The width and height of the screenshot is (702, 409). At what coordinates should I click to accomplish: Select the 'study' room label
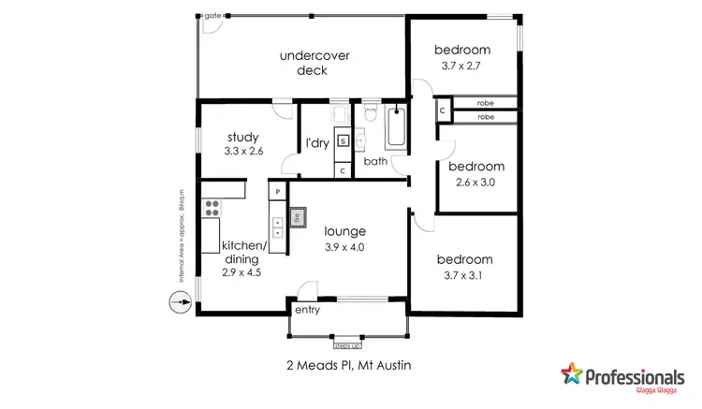(242, 138)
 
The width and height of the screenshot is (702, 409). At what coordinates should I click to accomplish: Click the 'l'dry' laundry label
(317, 143)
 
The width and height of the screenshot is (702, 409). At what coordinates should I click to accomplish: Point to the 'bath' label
(375, 161)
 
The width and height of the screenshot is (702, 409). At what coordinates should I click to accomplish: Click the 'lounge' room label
(344, 230)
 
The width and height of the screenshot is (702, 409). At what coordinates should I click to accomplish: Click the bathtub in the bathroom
(396, 127)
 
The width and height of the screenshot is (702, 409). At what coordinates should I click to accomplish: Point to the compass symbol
(177, 302)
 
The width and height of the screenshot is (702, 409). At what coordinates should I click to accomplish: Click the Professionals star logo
(570, 377)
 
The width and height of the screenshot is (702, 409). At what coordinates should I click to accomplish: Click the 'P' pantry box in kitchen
(277, 190)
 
